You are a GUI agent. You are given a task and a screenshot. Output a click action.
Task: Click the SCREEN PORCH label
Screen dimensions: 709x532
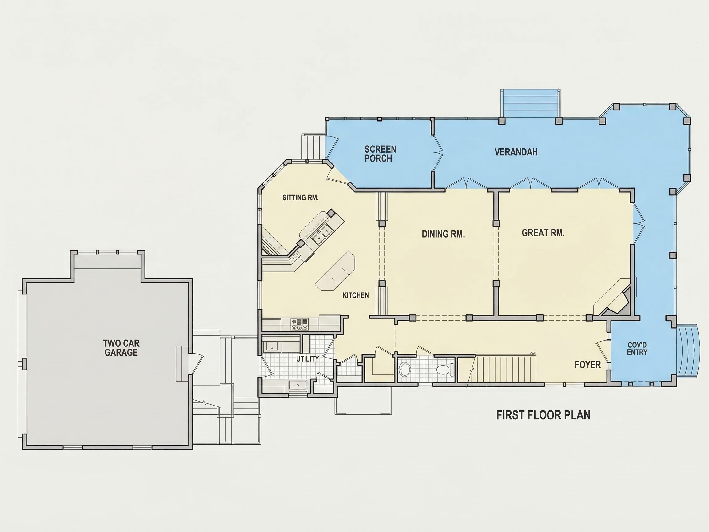pyautogui.click(x=380, y=154)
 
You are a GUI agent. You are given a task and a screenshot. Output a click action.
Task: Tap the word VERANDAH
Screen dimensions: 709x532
pyautogui.click(x=516, y=152)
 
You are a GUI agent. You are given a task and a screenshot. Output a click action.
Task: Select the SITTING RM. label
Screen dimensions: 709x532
pyautogui.click(x=300, y=198)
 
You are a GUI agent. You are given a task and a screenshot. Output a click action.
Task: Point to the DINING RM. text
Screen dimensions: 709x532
pyautogui.click(x=443, y=234)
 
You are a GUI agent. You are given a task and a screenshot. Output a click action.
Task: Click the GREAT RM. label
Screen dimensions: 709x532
pyautogui.click(x=543, y=233)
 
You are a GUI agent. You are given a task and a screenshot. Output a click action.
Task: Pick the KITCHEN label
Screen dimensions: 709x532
pyautogui.click(x=356, y=295)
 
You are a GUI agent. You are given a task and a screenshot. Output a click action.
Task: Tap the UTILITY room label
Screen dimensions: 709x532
pyautogui.click(x=307, y=359)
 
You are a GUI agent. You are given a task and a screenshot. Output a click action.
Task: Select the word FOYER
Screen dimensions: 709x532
pyautogui.click(x=588, y=365)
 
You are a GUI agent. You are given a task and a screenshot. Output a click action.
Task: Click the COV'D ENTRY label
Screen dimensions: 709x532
pyautogui.click(x=637, y=349)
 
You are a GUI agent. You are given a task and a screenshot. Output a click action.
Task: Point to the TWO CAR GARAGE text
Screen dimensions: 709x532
pyautogui.click(x=121, y=348)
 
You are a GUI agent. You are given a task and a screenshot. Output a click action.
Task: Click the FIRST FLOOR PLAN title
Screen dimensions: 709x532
pyautogui.click(x=543, y=415)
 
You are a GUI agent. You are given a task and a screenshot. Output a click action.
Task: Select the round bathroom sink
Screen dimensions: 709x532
pyautogui.click(x=405, y=370)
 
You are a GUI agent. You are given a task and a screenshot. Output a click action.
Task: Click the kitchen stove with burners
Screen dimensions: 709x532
pyautogui.click(x=299, y=324)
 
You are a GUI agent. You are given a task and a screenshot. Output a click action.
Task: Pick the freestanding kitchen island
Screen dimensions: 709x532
pyautogui.click(x=336, y=271)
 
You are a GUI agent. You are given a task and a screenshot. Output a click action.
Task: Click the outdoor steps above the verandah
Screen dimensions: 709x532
pyautogui.click(x=531, y=103)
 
